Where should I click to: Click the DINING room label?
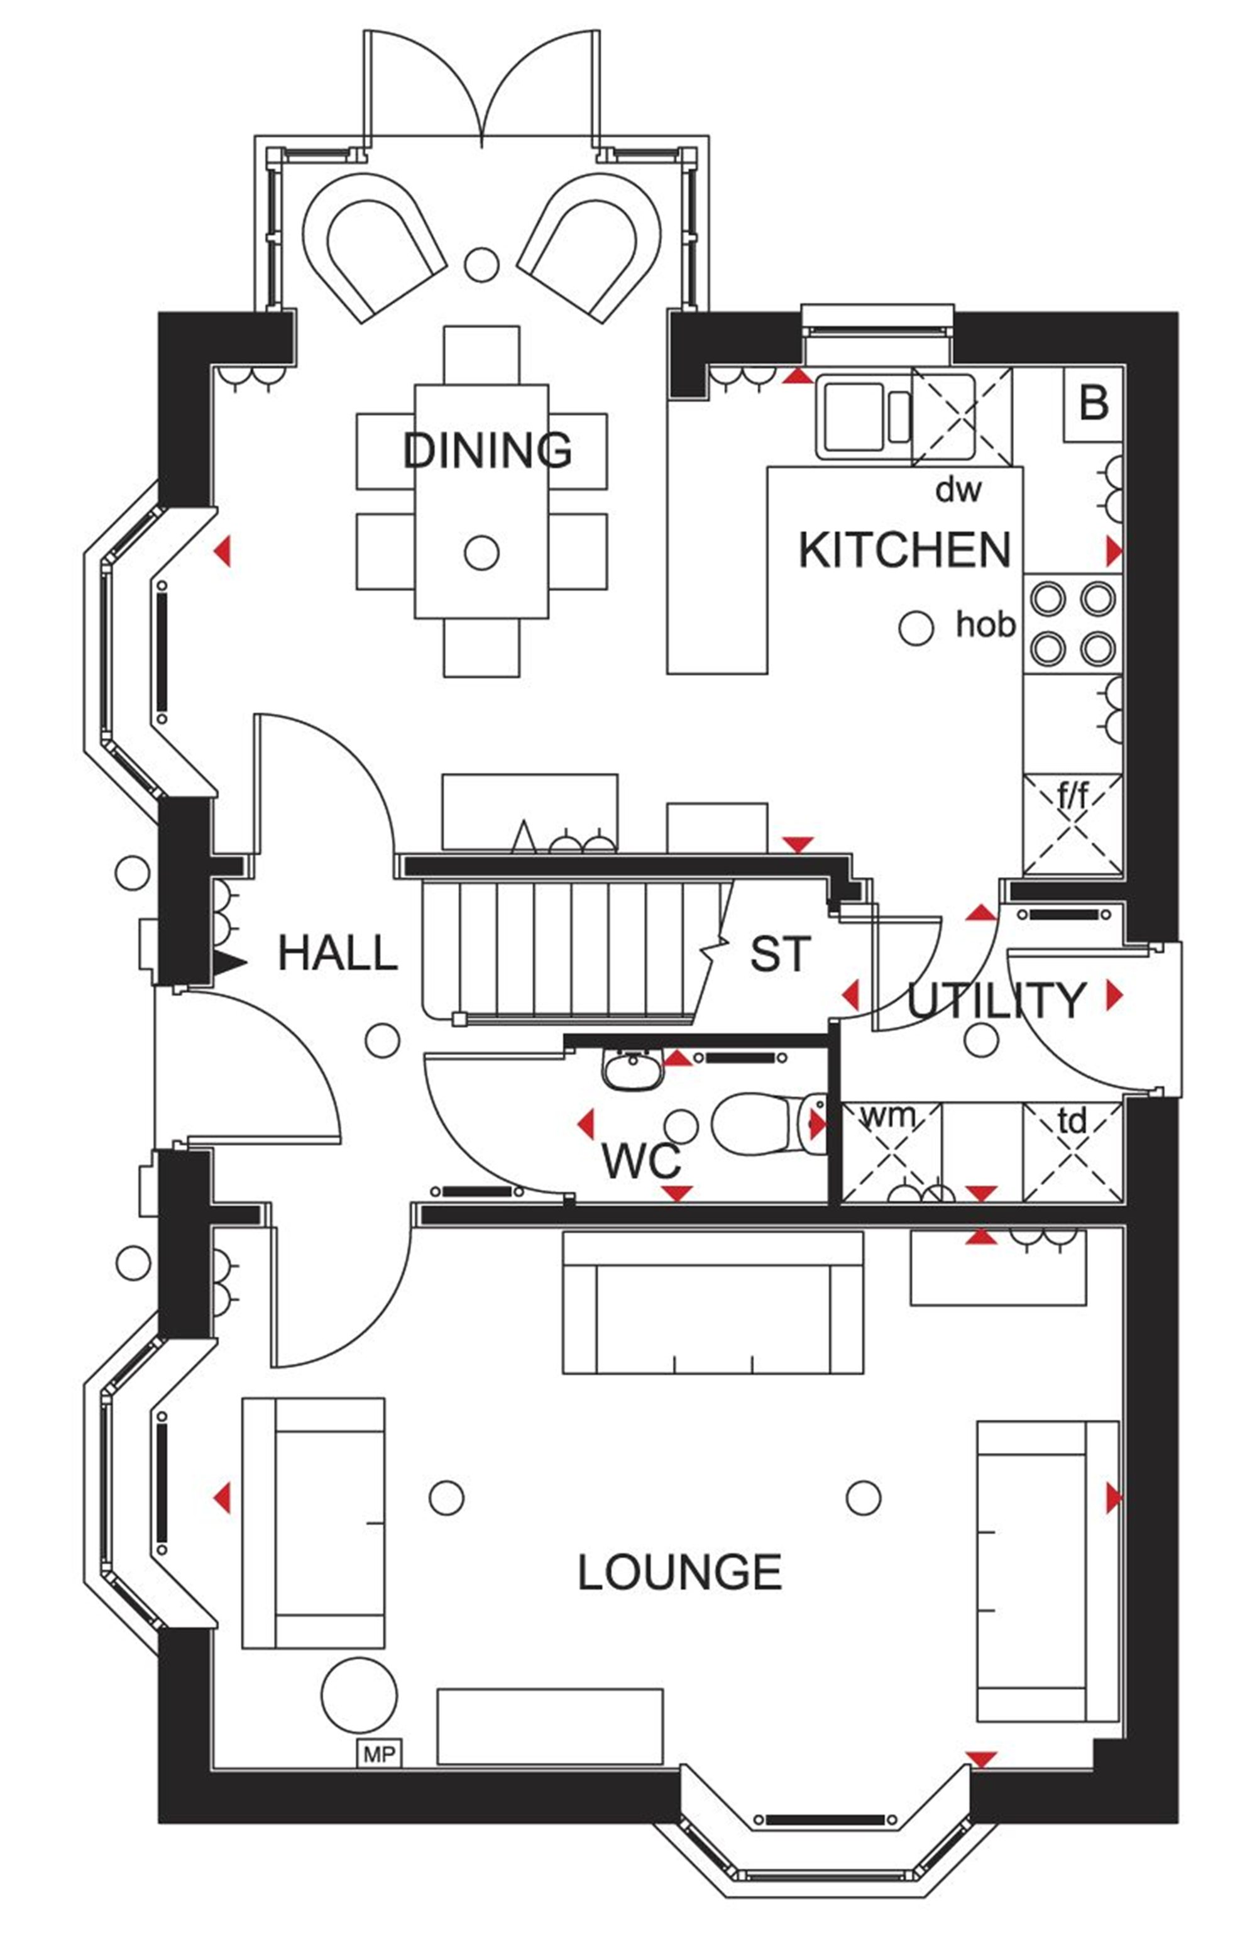[488, 450]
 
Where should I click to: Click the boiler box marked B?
[1092, 404]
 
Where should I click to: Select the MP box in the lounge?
[380, 1753]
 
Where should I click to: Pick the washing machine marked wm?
[891, 1152]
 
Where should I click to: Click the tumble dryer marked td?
[1073, 1152]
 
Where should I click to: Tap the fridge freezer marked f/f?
[1073, 824]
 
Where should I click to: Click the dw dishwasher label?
[958, 490]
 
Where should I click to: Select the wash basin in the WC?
[631, 1069]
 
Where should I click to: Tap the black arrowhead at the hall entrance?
[230, 964]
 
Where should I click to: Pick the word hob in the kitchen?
[985, 624]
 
